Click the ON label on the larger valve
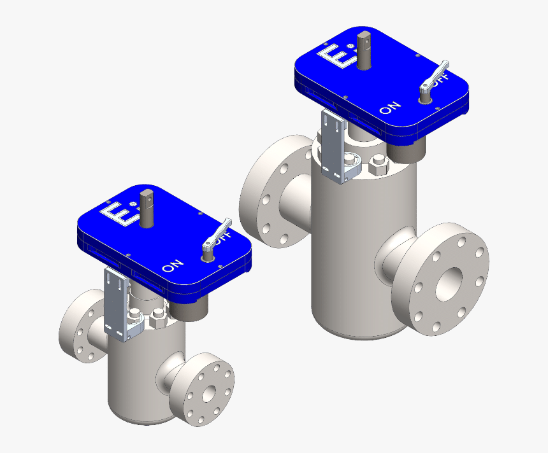390,108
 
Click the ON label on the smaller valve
173,265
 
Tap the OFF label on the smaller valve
222,239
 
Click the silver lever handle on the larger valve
435,75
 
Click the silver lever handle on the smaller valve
217,235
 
